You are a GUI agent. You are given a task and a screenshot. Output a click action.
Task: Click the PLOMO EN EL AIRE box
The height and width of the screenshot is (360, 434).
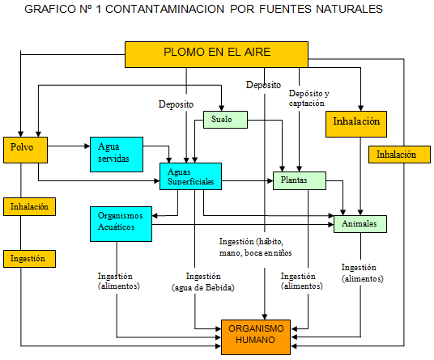(x=217, y=53)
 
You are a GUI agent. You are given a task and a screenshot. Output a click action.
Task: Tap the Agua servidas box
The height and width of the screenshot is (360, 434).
(x=116, y=153)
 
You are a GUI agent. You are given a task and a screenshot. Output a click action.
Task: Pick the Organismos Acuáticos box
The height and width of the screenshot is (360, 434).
(x=121, y=222)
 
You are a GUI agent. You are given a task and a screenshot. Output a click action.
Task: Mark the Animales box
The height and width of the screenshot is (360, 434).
(x=360, y=223)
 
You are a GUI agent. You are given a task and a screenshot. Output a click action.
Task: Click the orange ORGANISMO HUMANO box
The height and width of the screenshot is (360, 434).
(x=255, y=335)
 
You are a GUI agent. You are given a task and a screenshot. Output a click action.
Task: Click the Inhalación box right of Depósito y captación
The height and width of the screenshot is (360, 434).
(x=356, y=123)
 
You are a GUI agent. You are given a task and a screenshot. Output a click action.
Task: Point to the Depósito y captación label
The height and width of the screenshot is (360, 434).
(x=308, y=98)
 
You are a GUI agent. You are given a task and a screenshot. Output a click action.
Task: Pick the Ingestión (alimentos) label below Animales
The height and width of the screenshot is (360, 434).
(x=362, y=273)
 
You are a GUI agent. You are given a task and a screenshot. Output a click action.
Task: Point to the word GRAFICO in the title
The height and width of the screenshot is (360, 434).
(x=47, y=10)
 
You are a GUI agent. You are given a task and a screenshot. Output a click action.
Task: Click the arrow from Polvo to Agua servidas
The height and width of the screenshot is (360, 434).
(x=69, y=146)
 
